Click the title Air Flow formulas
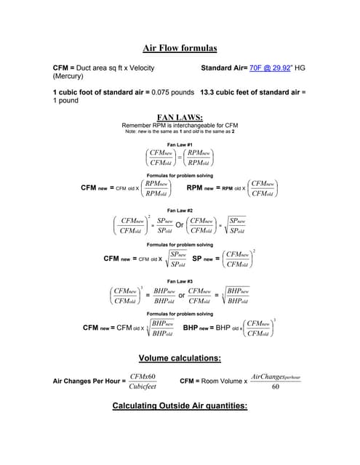[179, 49]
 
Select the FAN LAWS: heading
[179, 117]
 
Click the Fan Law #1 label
[180, 145]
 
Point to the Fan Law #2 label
[180, 210]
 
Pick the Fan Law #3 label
[180, 280]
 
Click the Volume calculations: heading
[180, 358]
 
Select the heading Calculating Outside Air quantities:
[180, 406]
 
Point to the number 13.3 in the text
[207, 92]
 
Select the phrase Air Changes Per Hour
[89, 381]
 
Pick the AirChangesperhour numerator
[275, 376]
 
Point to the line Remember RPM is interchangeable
[180, 125]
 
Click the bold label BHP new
[197, 328]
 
